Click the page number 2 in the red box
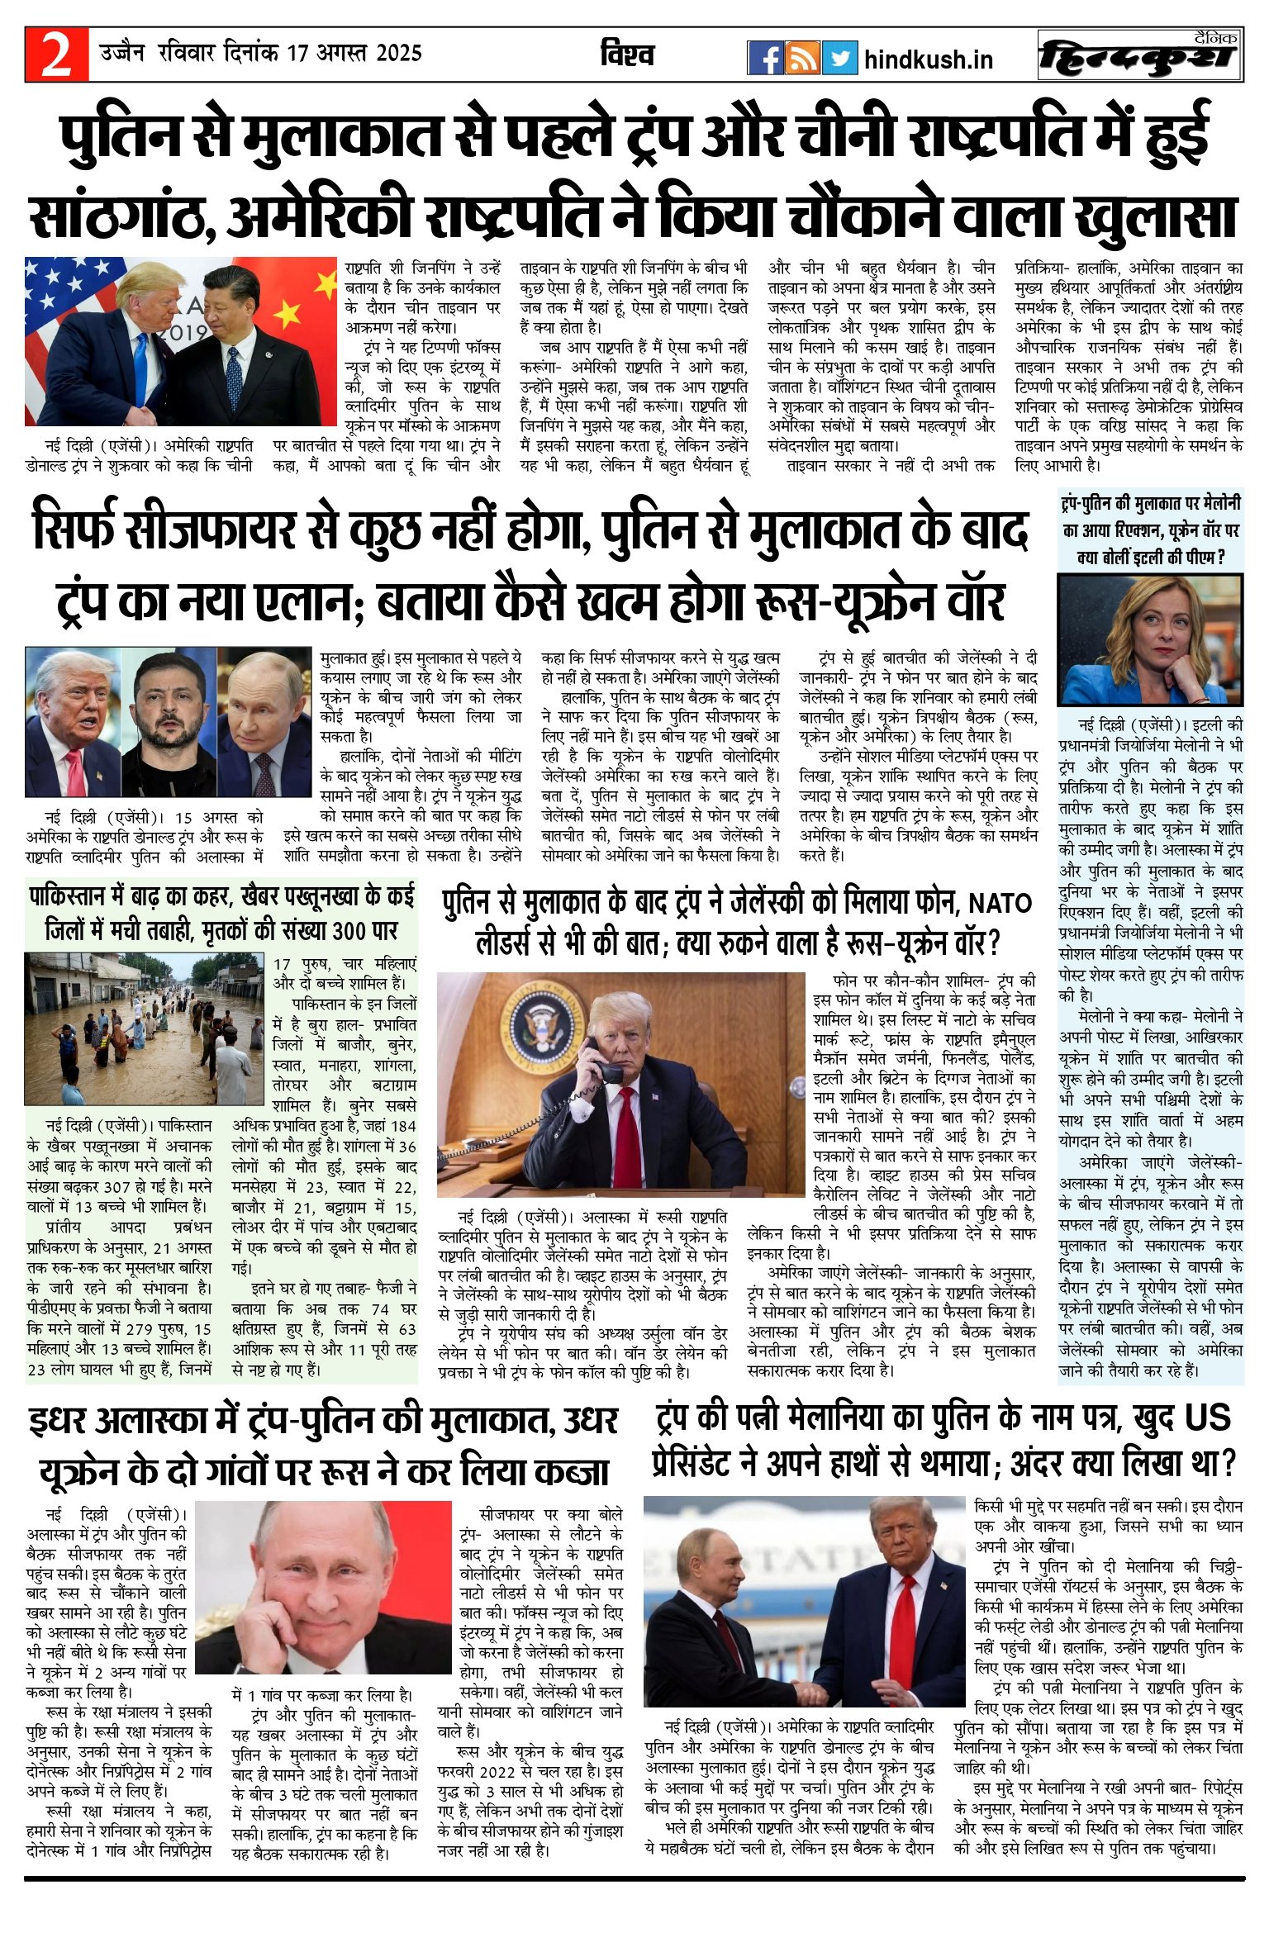coord(56,55)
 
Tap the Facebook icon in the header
coord(766,58)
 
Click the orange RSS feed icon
coord(802,58)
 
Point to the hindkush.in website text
coord(928,59)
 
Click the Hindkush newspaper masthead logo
coord(1140,55)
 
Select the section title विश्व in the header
coord(627,55)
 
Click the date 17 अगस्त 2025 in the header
coord(354,54)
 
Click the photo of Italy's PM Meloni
coord(1150,640)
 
